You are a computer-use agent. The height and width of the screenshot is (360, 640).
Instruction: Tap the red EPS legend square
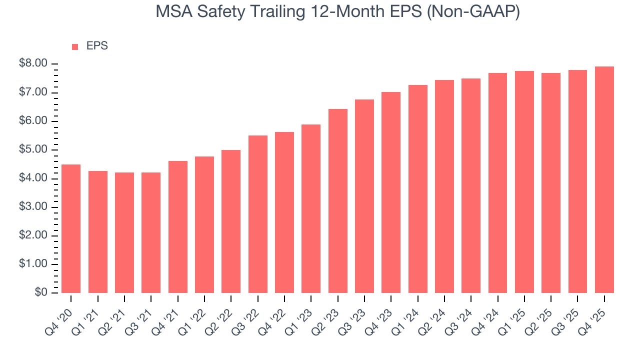click(x=75, y=46)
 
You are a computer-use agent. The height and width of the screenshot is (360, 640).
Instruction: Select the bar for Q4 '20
click(x=71, y=228)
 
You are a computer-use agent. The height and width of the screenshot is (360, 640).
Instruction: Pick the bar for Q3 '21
click(x=151, y=232)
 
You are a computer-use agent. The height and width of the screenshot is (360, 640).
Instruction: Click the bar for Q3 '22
click(x=257, y=214)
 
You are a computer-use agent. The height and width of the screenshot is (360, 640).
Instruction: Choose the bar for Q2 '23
click(x=337, y=201)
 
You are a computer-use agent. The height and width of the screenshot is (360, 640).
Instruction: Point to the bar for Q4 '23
click(x=391, y=192)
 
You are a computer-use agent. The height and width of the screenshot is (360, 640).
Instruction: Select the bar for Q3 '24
click(x=471, y=185)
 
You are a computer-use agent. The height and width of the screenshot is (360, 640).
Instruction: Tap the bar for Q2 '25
click(x=551, y=183)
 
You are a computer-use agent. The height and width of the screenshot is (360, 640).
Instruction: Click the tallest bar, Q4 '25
click(x=604, y=179)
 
